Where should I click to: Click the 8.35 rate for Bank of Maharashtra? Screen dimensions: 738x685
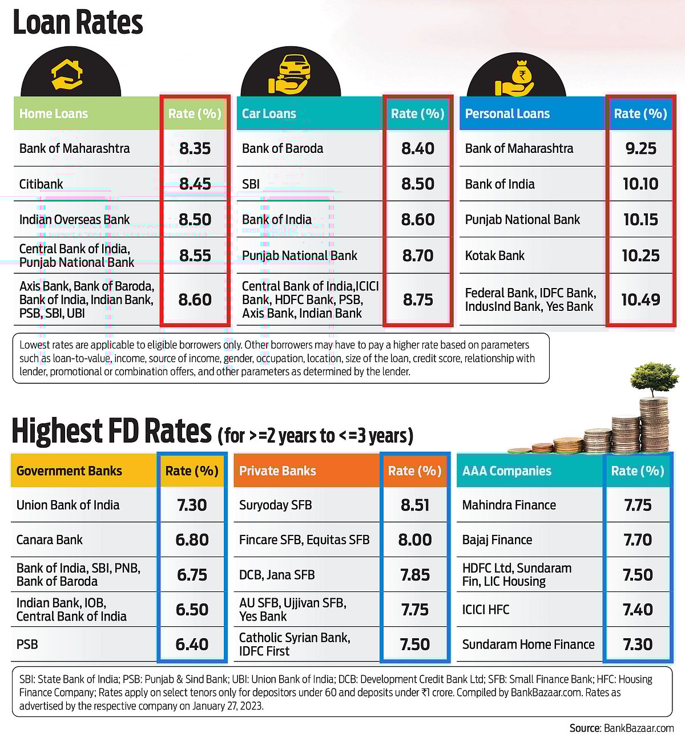coord(195,148)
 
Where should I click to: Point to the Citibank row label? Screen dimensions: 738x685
coord(41,184)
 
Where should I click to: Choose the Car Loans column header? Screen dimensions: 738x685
coord(269,113)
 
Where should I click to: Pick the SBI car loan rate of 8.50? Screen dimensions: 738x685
coord(418,184)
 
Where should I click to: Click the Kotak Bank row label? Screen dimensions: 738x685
coord(495,256)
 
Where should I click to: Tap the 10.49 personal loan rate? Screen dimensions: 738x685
coord(640,299)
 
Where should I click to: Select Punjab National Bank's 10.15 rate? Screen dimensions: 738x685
coord(640,220)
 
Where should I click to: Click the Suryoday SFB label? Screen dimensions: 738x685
coord(276,505)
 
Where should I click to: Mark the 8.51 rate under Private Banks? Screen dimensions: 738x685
coord(415,505)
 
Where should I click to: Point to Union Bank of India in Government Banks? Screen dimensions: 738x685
coord(68,505)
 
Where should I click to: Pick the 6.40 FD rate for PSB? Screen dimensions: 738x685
coord(192,644)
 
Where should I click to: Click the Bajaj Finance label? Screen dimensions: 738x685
coord(497,540)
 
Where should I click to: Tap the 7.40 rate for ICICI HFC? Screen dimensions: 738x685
coord(638,610)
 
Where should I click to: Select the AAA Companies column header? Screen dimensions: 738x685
coord(507,471)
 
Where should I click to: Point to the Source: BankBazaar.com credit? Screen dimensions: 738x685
coord(622,728)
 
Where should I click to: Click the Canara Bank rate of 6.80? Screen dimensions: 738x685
coord(192,540)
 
